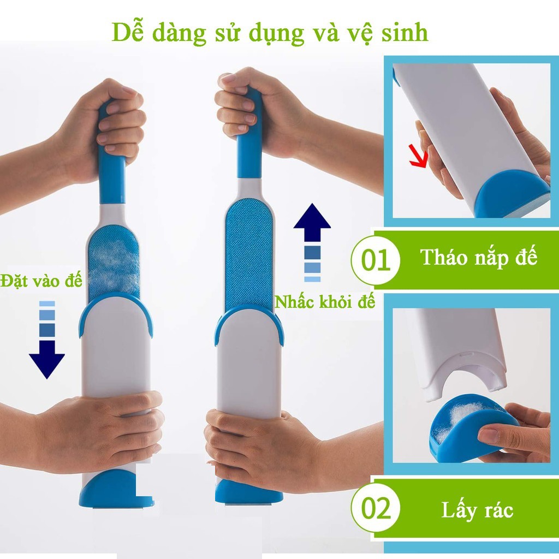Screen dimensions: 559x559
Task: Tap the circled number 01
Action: coord(377,259)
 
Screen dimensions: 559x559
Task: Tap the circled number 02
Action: coord(377,509)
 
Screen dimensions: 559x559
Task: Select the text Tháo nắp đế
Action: coord(479,258)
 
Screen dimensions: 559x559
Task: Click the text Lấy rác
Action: coord(477,510)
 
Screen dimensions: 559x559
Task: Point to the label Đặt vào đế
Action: coord(41,282)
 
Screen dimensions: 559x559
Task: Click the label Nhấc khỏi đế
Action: coord(325,301)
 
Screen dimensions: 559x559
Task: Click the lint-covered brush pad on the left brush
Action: coord(113,262)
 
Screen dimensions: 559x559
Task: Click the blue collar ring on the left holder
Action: coord(116,311)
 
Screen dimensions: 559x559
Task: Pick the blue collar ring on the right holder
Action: coord(249,322)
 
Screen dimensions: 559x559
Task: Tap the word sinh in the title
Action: coord(405,33)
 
